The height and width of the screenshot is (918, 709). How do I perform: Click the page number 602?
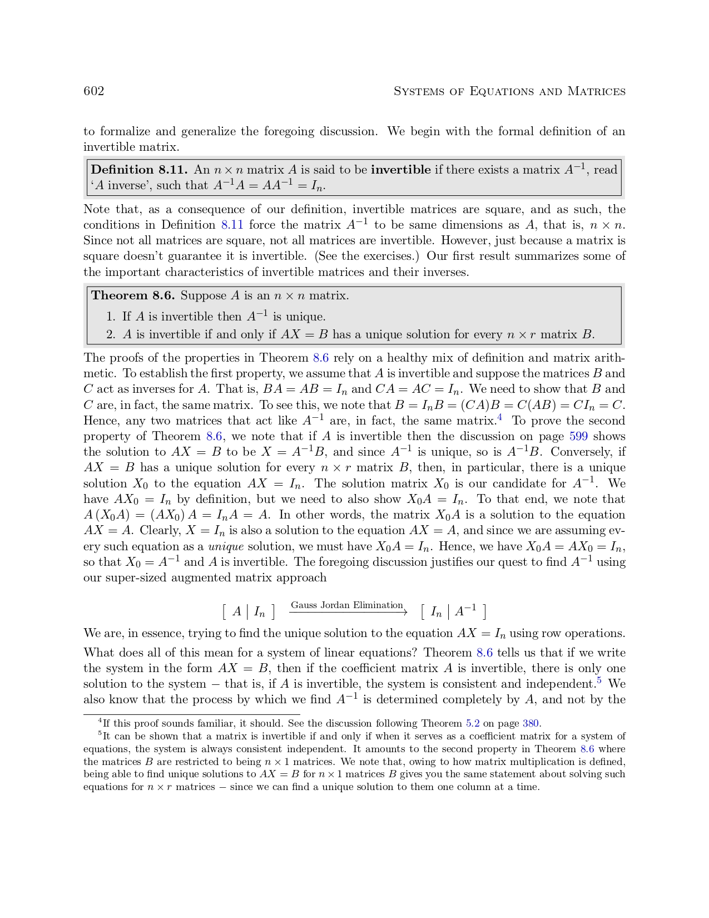(x=93, y=91)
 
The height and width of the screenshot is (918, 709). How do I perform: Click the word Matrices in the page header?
(x=596, y=91)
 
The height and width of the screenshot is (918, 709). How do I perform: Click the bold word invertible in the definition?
(x=400, y=170)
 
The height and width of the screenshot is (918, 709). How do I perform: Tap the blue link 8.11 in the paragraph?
(x=232, y=225)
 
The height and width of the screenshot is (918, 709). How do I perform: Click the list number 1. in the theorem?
(x=111, y=317)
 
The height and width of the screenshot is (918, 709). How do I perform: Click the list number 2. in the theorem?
(x=111, y=334)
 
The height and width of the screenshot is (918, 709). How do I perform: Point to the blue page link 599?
(x=578, y=436)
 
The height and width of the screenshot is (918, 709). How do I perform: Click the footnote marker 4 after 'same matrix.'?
(x=500, y=417)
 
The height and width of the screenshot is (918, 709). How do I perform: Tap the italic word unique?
(x=226, y=546)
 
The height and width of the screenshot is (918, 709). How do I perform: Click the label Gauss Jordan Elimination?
(x=346, y=605)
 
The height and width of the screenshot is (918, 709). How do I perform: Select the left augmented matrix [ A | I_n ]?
(x=249, y=612)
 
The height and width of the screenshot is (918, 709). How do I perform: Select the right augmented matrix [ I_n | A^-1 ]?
(x=454, y=612)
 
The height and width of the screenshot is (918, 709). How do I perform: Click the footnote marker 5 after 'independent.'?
(x=599, y=680)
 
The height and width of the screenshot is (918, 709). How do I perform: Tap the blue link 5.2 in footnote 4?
(x=473, y=723)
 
